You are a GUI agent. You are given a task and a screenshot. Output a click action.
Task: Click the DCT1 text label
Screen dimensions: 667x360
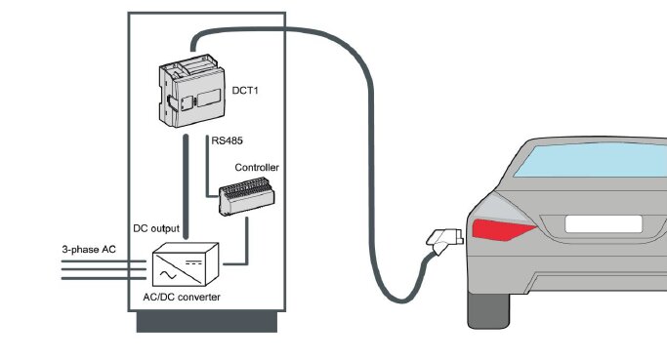coord(245,91)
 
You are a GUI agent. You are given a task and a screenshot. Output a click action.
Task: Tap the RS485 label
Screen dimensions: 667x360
coord(228,140)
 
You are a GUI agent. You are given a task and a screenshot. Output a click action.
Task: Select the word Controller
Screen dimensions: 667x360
coord(257,168)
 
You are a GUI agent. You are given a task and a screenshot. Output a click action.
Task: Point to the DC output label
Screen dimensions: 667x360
coord(156,228)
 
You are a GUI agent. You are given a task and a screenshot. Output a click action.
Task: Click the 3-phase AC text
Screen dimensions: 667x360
coord(89,250)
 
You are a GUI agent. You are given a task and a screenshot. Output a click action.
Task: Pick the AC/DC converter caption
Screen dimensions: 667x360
coord(182,298)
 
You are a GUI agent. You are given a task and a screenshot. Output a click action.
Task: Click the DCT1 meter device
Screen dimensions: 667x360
coord(191,90)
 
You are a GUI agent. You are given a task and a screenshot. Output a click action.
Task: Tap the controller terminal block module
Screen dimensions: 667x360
coord(247,197)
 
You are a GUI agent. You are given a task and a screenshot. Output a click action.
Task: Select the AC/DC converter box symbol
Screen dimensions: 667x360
coord(186,264)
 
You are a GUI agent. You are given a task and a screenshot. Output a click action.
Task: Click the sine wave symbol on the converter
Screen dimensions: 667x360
coord(168,274)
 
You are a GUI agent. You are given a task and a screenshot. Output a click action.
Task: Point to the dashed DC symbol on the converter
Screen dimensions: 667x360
coord(193,262)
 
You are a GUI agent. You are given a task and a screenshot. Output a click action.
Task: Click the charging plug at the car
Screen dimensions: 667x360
coord(444,240)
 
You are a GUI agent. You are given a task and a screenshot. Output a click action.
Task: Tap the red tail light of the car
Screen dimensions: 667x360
coord(504,229)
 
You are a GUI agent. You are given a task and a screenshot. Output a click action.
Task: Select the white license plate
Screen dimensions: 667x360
coord(604,224)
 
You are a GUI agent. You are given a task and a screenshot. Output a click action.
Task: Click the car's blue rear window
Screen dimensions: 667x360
coord(591,161)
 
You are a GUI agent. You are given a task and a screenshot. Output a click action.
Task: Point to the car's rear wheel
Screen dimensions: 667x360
coord(488,310)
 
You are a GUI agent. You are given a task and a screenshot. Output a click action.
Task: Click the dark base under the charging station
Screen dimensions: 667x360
coord(207,321)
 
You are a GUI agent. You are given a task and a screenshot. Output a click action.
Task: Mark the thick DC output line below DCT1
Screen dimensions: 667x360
coord(186,186)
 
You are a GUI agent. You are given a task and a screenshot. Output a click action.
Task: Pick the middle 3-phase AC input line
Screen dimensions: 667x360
coord(104,269)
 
